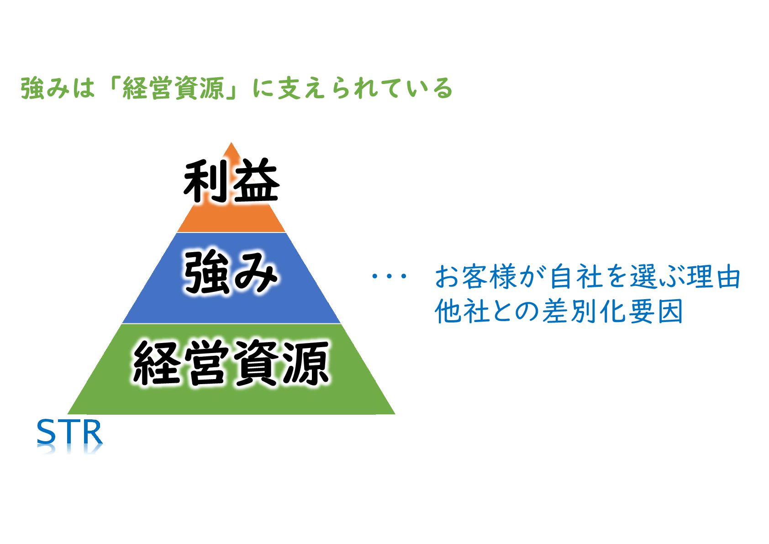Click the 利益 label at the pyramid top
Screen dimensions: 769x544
point(231,181)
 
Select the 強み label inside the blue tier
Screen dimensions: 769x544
point(231,273)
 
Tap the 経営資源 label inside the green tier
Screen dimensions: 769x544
point(231,363)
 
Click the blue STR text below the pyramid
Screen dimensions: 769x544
point(69,432)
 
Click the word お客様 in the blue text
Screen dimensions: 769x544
point(475,277)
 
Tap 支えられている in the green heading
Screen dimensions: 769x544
point(365,88)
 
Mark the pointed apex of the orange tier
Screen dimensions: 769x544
point(231,144)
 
